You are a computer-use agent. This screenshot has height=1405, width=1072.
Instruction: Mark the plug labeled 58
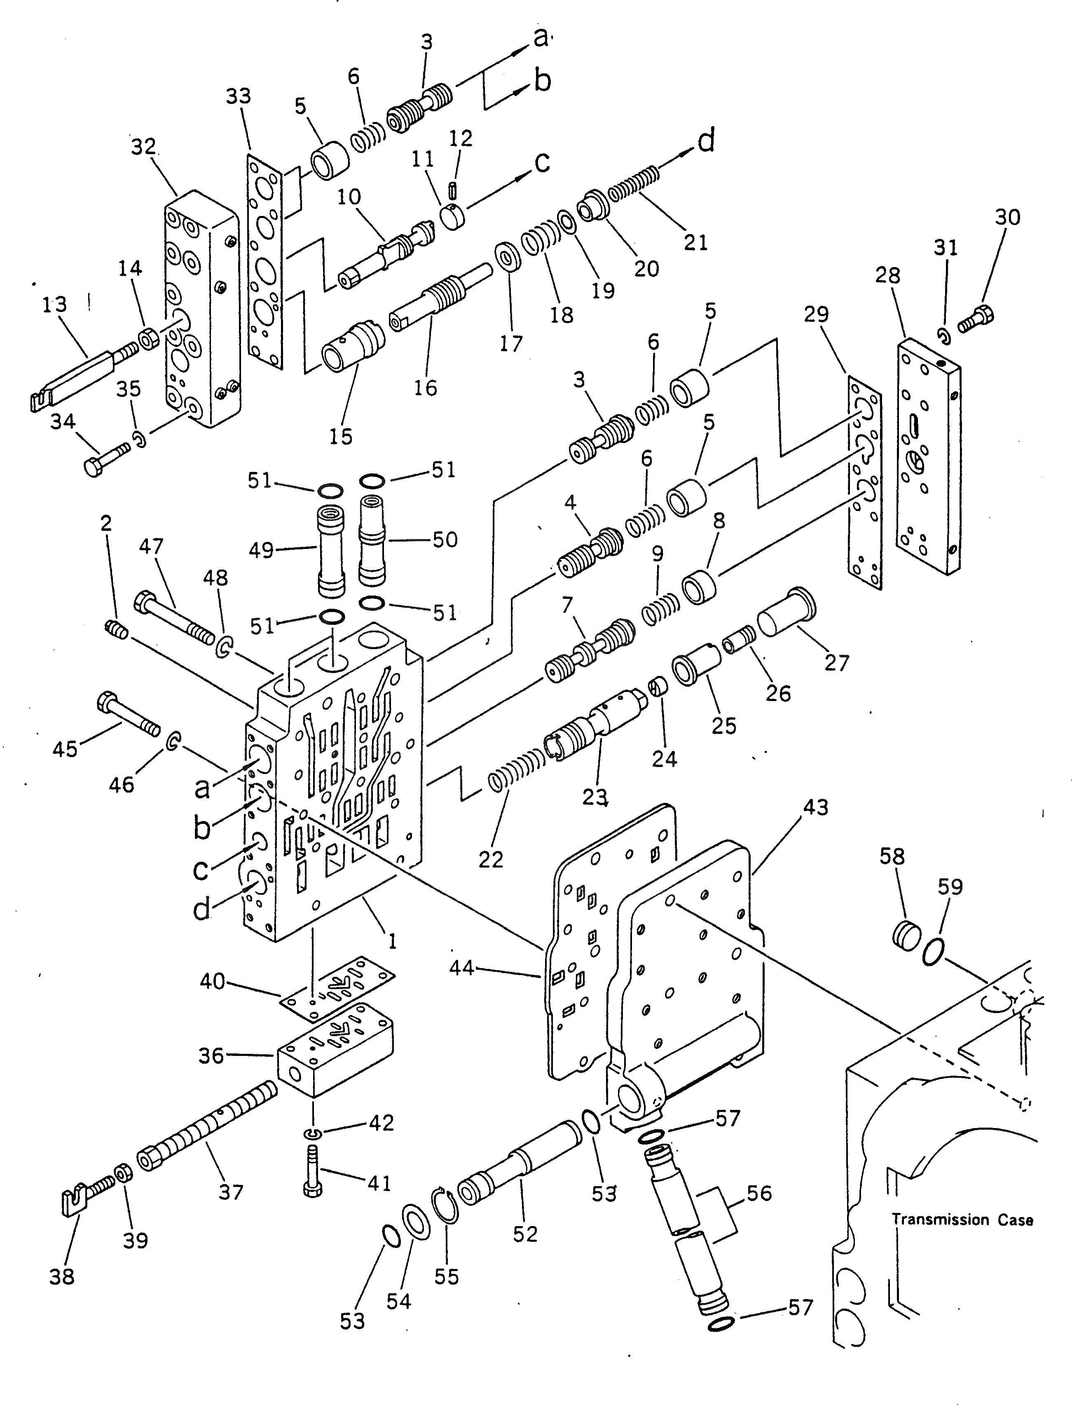point(906,937)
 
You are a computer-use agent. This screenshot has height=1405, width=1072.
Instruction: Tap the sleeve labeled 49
point(330,550)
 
